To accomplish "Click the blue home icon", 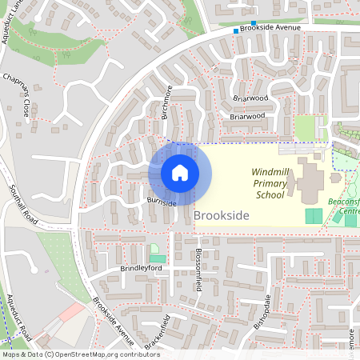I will [180, 173].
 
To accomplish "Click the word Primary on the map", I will [270, 183].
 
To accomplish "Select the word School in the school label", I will [270, 194].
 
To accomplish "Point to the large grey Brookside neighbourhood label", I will [222, 216].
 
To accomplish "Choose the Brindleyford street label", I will [141, 269].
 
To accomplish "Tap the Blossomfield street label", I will [197, 275].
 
